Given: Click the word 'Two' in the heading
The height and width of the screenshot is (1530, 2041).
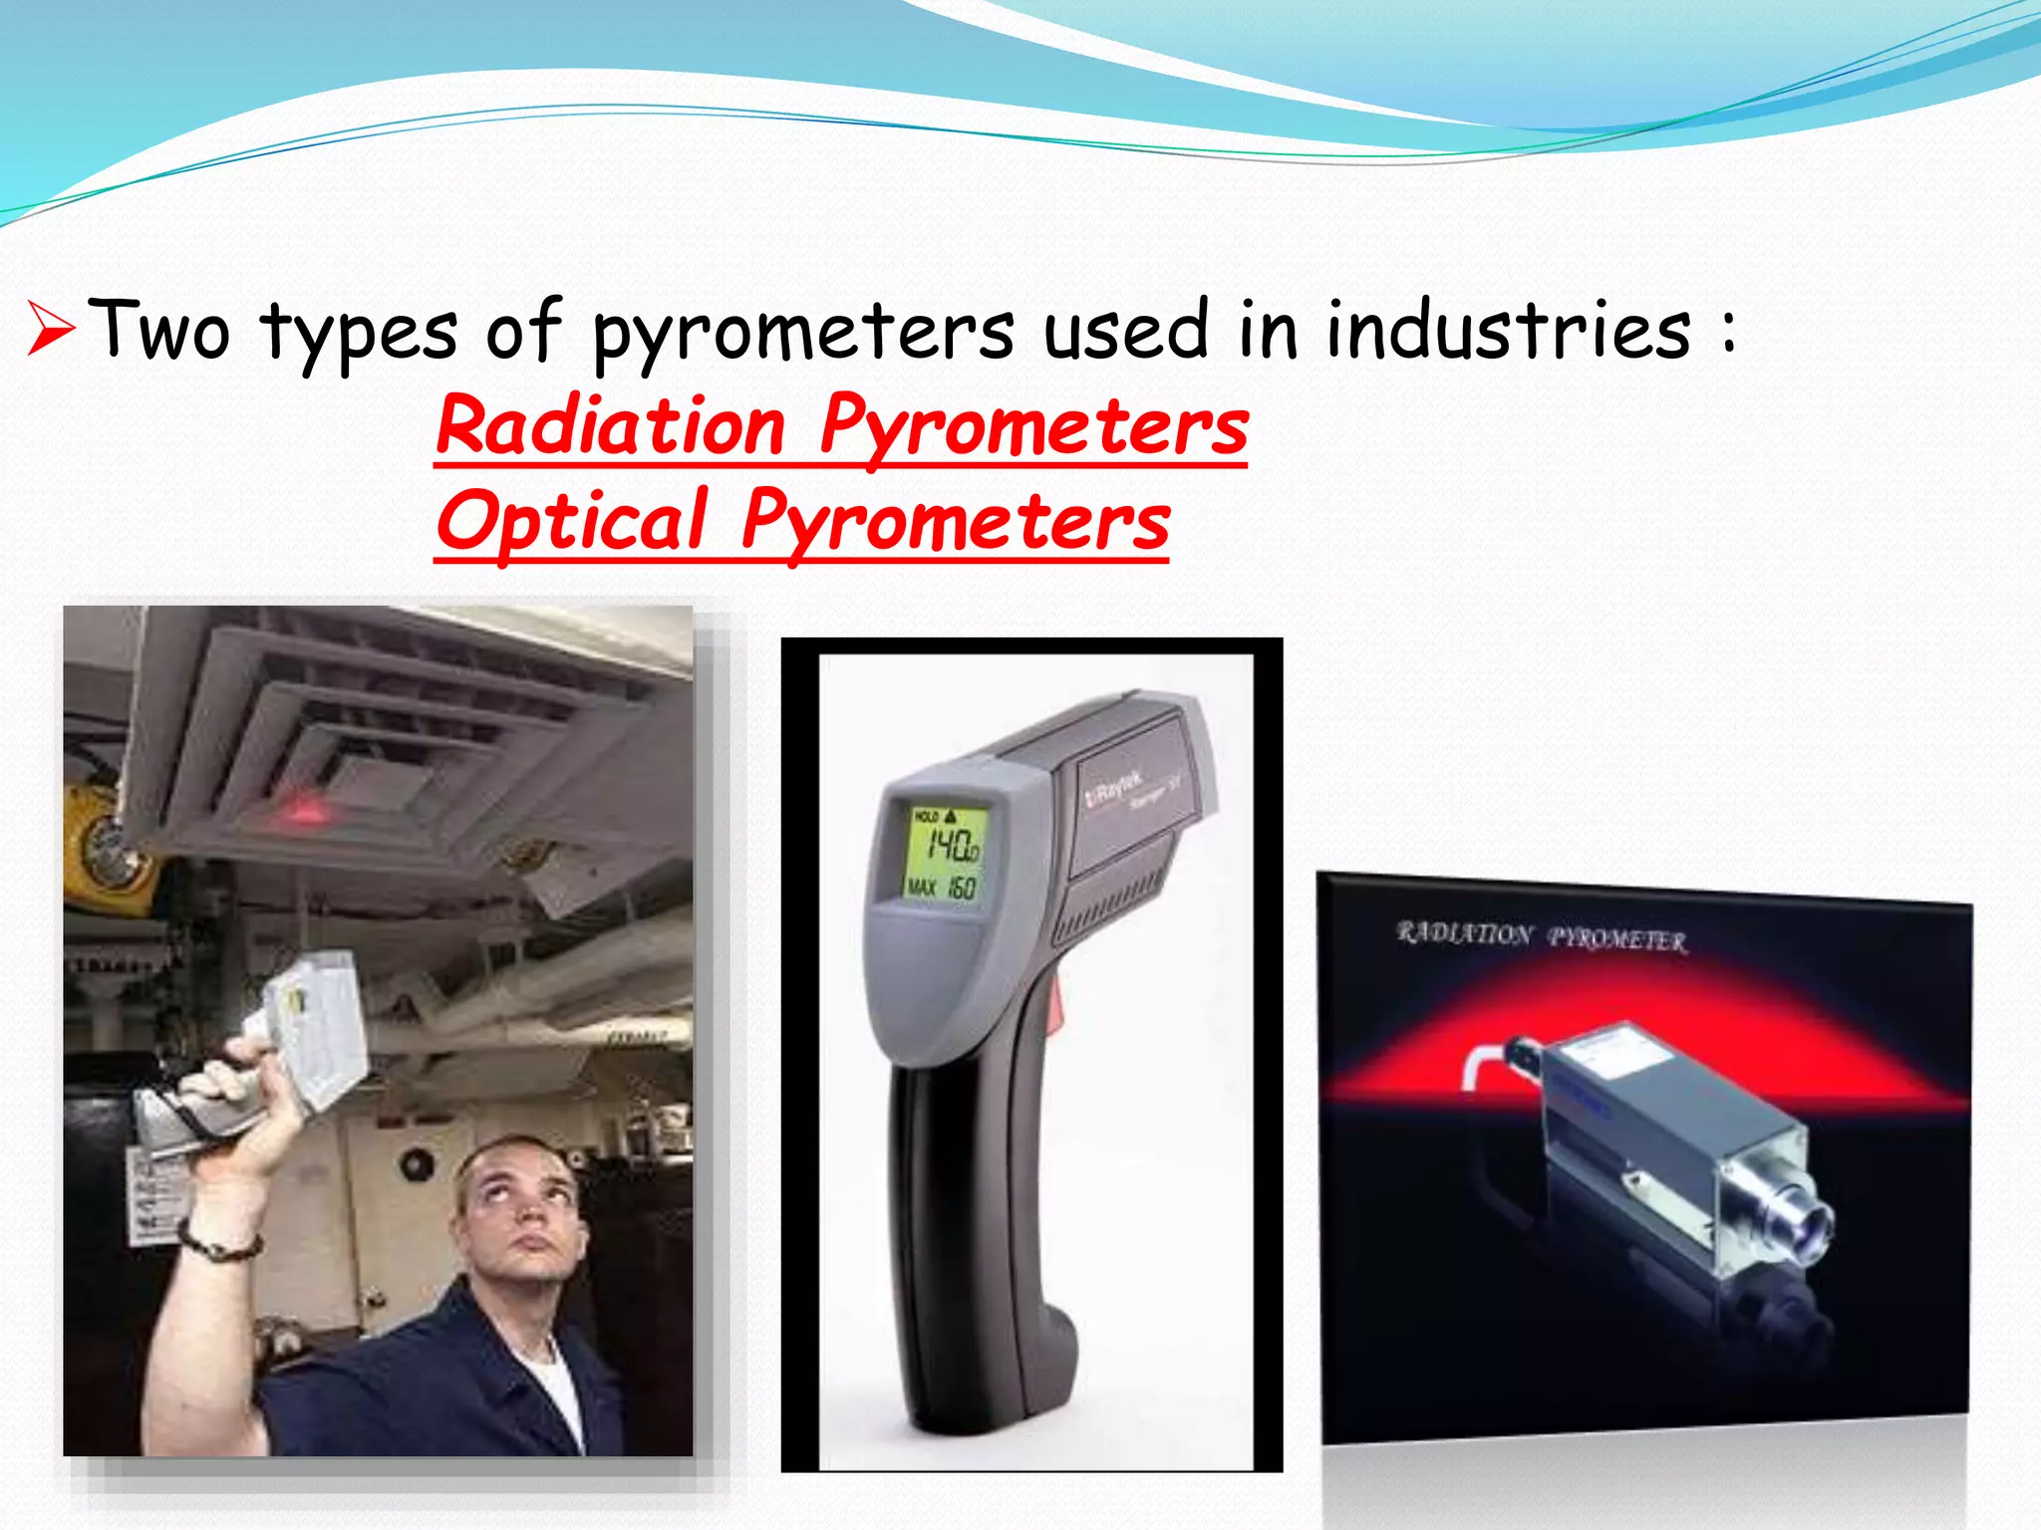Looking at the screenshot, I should coord(159,329).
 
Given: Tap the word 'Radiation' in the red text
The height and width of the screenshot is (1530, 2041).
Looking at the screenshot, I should coord(611,426).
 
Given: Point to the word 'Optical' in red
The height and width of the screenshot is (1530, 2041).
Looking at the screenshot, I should coord(572,521).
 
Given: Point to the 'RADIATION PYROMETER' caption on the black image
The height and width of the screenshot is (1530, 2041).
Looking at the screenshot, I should coord(1541,936).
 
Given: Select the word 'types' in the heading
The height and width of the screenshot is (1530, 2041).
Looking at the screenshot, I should coord(359,334).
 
